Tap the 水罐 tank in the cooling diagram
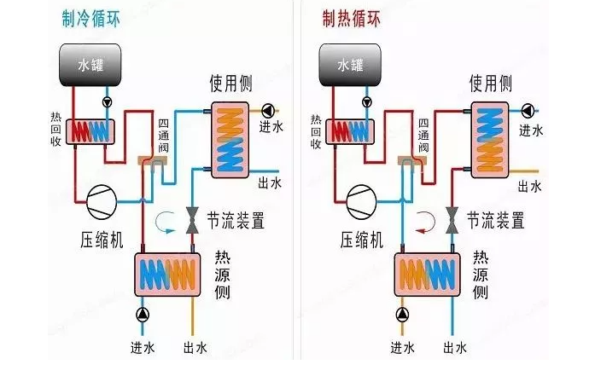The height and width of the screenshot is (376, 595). pyautogui.click(x=89, y=64)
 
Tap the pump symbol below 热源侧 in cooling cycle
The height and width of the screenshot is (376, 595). pyautogui.click(x=142, y=315)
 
